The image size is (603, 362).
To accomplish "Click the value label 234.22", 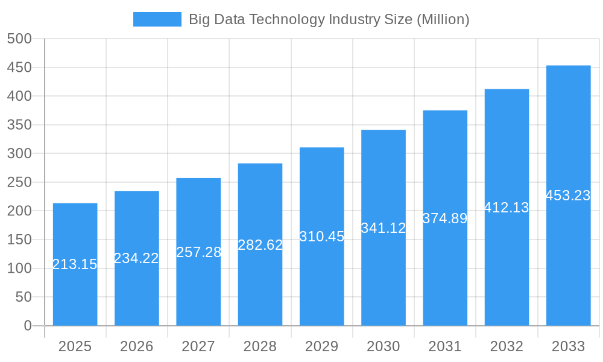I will [136, 258].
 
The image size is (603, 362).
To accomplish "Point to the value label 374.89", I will [445, 218].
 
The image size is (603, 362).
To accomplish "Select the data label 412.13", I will [507, 208].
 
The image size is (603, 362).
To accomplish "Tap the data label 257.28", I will [198, 252].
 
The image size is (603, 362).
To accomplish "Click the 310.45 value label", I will [322, 237].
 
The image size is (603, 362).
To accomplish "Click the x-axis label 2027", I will [198, 346].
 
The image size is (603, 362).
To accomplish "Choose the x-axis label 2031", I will [445, 346].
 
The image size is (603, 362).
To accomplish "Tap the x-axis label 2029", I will [322, 346].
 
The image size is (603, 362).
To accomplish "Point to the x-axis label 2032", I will [507, 346].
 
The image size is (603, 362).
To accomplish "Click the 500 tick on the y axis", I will [19, 39].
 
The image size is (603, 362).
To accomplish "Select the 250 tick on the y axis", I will [19, 182].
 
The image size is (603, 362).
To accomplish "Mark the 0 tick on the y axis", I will [28, 326].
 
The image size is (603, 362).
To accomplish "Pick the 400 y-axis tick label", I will [19, 96].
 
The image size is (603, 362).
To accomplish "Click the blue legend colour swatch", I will [157, 19].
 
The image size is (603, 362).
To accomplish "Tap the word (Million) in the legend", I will [443, 19].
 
